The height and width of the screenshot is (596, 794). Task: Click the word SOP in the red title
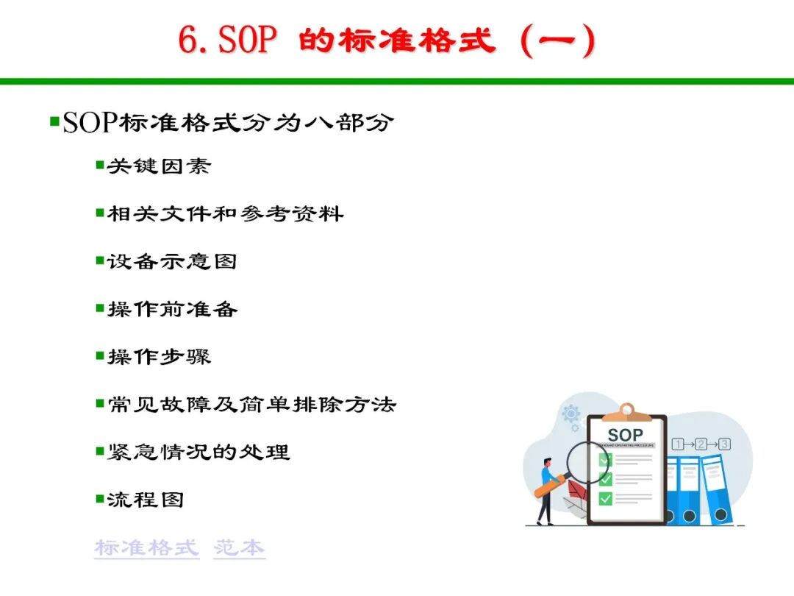pos(248,40)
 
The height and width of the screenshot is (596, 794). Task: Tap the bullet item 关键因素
pos(159,166)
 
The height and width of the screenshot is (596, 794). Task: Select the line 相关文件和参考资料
pos(226,213)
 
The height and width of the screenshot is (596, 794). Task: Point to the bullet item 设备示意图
pos(172,261)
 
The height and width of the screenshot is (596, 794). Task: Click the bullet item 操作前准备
pos(172,309)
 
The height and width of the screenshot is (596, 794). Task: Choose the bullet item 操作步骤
pos(159,357)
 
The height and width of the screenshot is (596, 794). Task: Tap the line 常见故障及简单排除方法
pos(251,405)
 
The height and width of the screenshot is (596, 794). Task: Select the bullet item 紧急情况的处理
pos(198,452)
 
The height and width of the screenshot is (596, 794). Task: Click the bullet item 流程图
pos(146,500)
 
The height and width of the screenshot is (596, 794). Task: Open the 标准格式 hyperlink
pos(147,548)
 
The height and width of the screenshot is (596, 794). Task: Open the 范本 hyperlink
pos(240,548)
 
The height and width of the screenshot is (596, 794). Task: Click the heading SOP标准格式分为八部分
pos(228,122)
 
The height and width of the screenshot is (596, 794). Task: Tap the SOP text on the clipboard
pos(626,435)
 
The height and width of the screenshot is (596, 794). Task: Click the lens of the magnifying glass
pos(587,464)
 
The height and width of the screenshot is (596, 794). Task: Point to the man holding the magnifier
pos(547,491)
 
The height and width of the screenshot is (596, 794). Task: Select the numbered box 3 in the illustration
pos(724,444)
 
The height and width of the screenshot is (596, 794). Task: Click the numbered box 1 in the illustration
pos(678,444)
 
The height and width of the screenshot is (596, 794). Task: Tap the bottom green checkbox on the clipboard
pos(606,499)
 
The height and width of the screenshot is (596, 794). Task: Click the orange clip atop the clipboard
pos(627,413)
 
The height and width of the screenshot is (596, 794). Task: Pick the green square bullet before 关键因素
pos(100,166)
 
